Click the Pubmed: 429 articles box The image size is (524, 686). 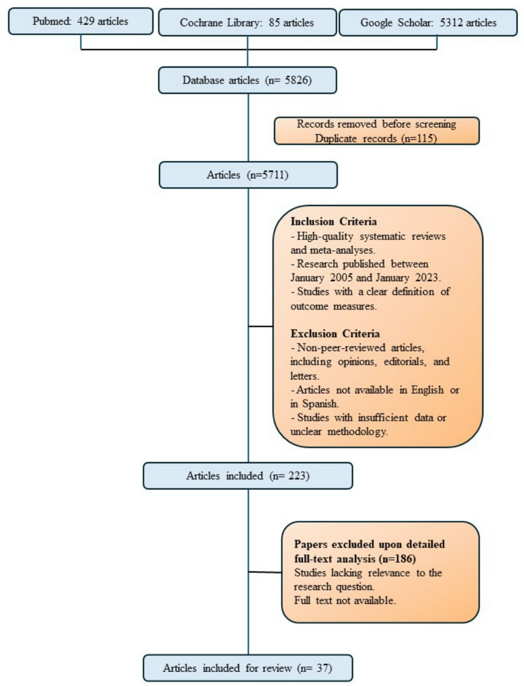[x=81, y=21]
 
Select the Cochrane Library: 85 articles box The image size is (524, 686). [x=247, y=23]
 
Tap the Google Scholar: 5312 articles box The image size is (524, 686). [x=428, y=23]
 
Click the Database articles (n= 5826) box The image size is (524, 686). [x=247, y=80]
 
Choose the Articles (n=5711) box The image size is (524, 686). [x=248, y=175]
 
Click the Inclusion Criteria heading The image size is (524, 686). [x=334, y=222]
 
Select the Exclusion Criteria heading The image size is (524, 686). [x=335, y=334]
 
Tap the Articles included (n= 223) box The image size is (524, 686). [x=248, y=476]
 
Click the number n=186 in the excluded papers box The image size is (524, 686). [x=397, y=559]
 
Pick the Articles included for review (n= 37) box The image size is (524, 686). [x=248, y=668]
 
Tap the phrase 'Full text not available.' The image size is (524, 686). [x=345, y=601]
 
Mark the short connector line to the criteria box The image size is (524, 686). [x=260, y=326]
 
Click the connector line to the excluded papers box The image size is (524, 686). [x=265, y=572]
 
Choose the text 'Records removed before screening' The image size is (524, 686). [x=376, y=124]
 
